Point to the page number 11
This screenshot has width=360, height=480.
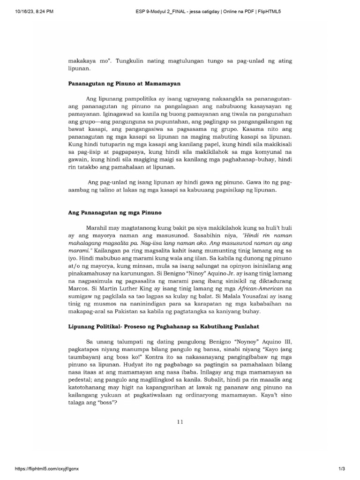point(180,421)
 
